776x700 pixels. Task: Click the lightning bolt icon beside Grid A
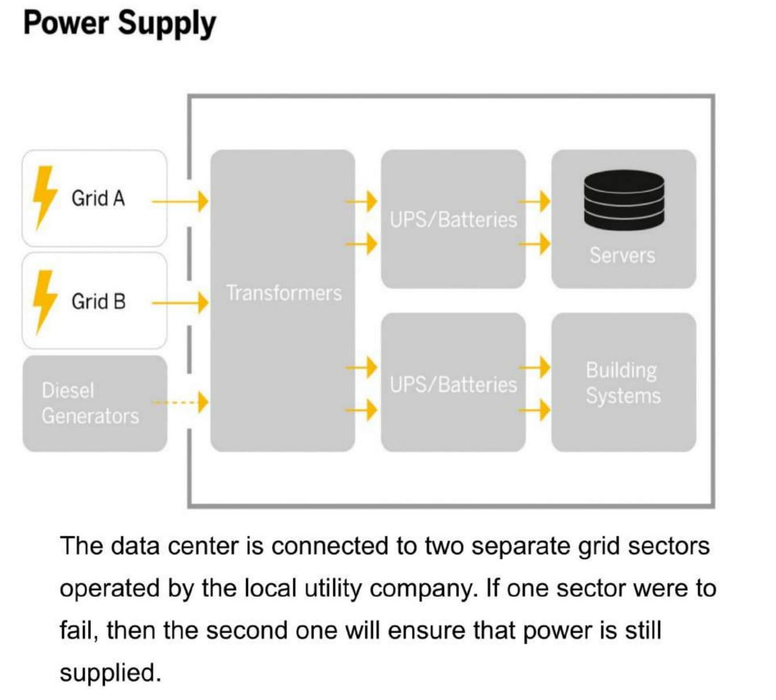tap(44, 197)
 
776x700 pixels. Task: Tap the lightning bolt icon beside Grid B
tap(44, 301)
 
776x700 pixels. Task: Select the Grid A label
tap(98, 198)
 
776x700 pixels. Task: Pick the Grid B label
tap(99, 301)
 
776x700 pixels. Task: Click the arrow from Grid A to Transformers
tap(179, 202)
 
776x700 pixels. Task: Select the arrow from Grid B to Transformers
tap(179, 302)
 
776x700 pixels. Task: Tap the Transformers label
tap(283, 293)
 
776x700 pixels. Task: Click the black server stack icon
tap(623, 199)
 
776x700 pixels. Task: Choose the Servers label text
tap(622, 255)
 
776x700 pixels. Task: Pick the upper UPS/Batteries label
tap(453, 220)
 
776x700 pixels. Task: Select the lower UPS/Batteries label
tap(453, 384)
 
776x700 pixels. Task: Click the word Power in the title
tap(66, 24)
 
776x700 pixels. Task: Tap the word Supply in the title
tap(167, 25)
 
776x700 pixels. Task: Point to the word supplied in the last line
tap(110, 672)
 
